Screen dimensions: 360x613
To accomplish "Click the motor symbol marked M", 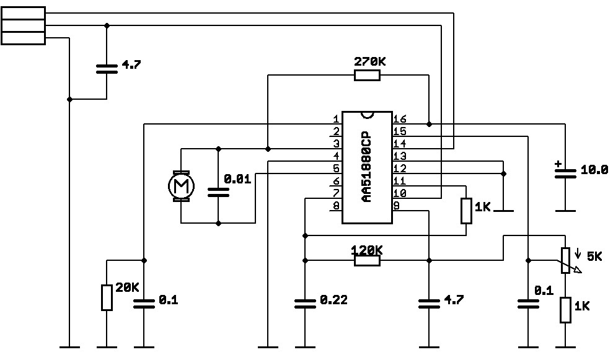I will click(x=181, y=185).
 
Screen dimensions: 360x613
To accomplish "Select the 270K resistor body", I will click(x=367, y=76).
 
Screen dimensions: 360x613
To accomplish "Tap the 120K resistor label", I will click(x=366, y=250).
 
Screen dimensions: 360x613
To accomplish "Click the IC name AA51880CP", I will click(x=367, y=167).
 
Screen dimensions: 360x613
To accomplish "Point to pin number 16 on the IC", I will click(x=400, y=119).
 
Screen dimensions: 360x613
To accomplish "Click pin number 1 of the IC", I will click(x=335, y=119).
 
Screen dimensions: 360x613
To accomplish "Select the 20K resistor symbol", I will click(x=107, y=297).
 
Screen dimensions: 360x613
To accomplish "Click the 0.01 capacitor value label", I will click(x=237, y=179).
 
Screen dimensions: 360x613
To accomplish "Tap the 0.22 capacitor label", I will click(x=333, y=301).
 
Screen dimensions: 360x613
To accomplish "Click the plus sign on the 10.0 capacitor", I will click(x=558, y=164).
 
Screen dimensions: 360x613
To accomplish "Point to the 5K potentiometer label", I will click(x=593, y=256).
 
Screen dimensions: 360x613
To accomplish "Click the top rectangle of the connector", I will click(x=24, y=13).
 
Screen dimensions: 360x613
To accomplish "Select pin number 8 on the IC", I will click(x=335, y=206).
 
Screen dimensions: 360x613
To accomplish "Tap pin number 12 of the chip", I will click(x=400, y=169).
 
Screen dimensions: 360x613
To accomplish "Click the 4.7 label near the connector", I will click(x=131, y=64).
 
